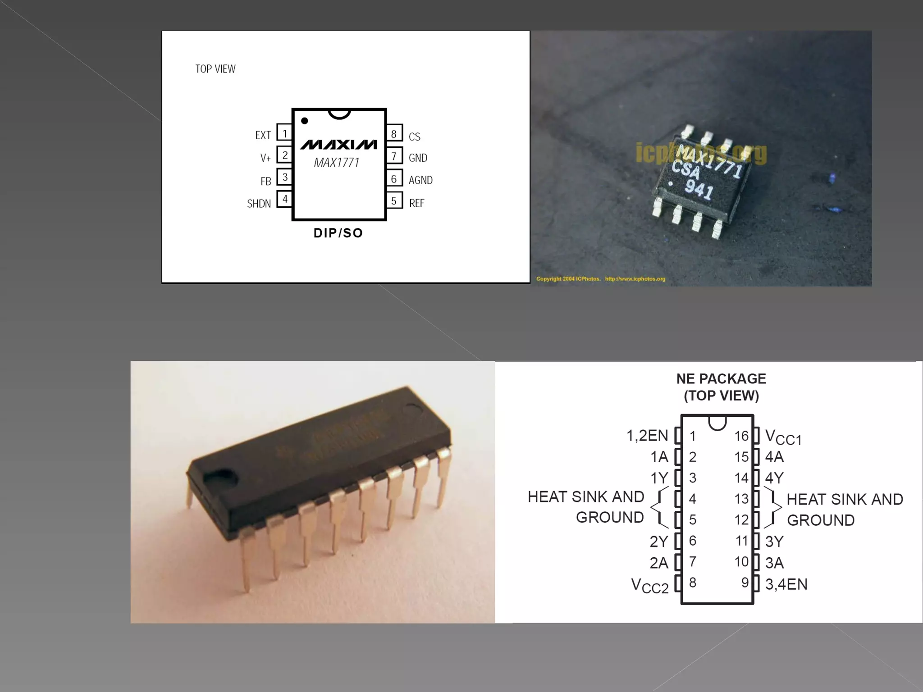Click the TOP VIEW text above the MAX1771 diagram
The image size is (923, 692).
coord(215,69)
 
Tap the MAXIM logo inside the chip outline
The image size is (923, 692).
coord(338,144)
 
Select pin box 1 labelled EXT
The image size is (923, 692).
coord(284,133)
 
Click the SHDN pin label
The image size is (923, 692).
coord(259,204)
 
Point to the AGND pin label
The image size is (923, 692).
coord(420,180)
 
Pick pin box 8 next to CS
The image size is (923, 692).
coord(394,134)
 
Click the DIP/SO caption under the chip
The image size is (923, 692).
coord(338,233)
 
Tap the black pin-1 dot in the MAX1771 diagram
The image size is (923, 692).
coord(305,121)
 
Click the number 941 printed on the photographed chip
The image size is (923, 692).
coord(699,189)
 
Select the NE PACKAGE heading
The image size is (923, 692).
coord(721,379)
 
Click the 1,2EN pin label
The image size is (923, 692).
coord(647,436)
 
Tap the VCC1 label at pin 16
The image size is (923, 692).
coord(783,437)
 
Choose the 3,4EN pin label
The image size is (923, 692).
coord(786,584)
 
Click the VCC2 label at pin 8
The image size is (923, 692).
coord(649,586)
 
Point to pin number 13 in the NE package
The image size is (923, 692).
coord(741,499)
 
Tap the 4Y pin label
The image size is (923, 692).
coord(774,478)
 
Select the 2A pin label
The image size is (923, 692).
coord(658,563)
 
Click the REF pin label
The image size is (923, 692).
coord(416,203)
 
